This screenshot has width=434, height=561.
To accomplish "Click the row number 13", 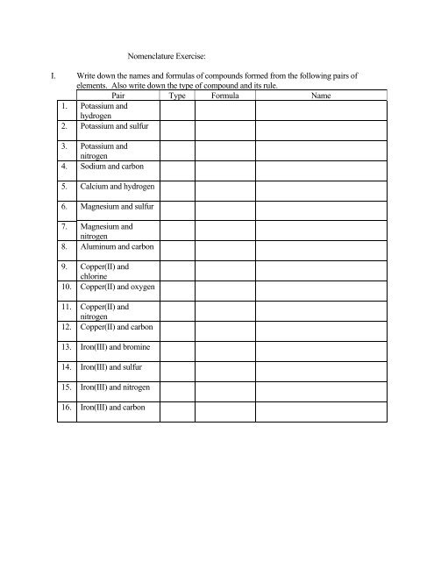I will (65, 347).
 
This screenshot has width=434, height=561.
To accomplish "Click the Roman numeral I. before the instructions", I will (54, 77).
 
